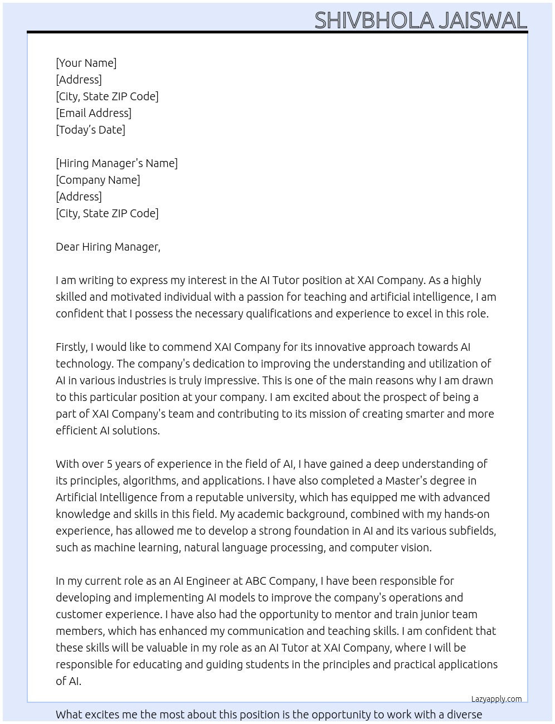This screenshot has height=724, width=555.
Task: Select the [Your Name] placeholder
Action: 86,63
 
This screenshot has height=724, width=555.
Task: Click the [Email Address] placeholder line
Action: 94,113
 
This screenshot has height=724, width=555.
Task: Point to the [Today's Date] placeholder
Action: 90,130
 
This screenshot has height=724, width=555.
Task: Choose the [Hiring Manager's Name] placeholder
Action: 116,163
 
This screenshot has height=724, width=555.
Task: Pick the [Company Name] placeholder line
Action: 98,180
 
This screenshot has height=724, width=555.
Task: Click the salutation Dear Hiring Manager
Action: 108,247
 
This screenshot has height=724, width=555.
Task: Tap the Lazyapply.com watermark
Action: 496,699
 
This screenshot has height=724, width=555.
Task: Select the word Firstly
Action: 71,347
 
